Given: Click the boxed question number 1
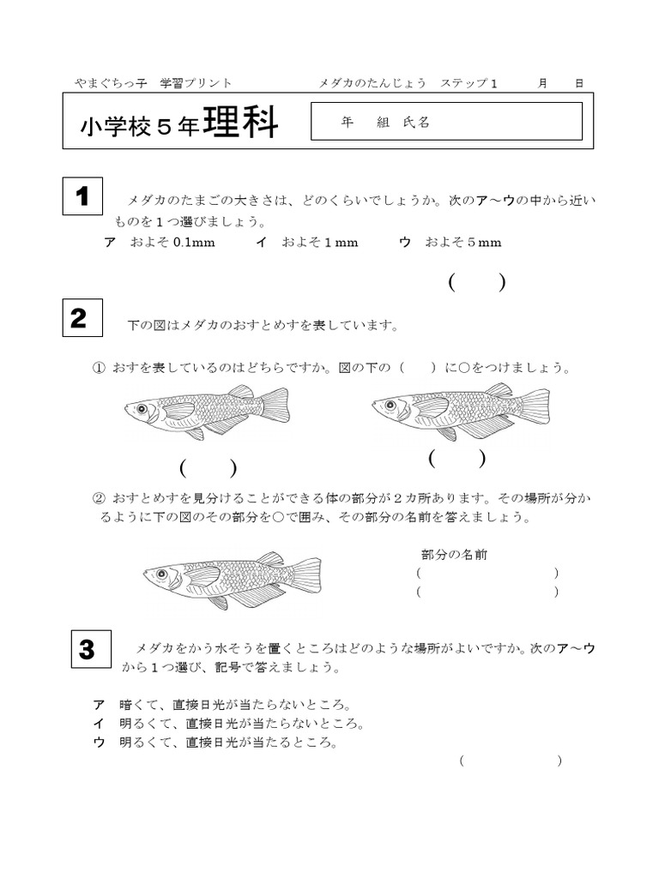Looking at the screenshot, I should (x=83, y=197).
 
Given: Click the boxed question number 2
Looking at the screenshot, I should (x=83, y=319).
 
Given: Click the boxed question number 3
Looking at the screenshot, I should (x=88, y=649).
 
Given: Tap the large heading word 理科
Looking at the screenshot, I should (x=241, y=124).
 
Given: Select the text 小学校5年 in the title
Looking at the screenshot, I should (x=140, y=127).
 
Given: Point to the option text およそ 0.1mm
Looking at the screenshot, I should (x=172, y=243).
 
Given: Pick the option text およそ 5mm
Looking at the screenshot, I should (x=463, y=243).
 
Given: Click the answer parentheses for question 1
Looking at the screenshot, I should (x=476, y=282).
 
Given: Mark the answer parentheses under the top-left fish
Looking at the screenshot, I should (x=208, y=468).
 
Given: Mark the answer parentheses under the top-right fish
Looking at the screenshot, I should (x=457, y=459).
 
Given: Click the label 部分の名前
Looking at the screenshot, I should (x=455, y=555).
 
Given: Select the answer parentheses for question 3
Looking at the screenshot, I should (x=511, y=761).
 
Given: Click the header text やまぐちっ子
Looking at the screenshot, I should (x=110, y=83).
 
